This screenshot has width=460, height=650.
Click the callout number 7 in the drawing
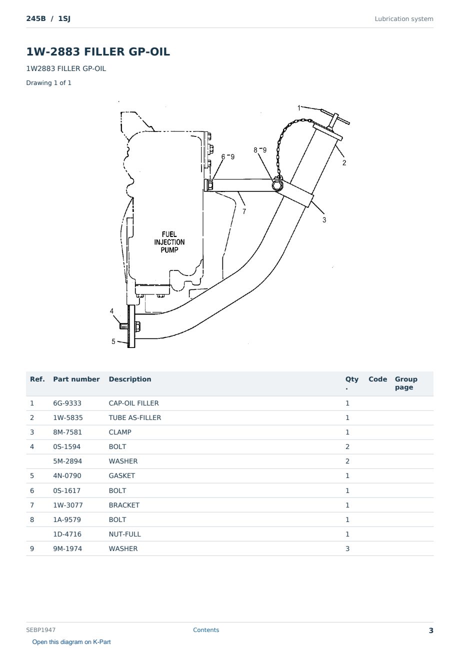[244, 211]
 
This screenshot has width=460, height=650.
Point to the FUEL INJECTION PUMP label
[169, 242]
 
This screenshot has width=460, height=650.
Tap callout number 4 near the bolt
[111, 311]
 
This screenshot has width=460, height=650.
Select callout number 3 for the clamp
[324, 220]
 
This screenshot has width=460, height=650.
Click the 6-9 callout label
[228, 156]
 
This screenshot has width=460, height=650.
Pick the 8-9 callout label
[259, 150]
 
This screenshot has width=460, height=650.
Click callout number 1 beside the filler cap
[299, 108]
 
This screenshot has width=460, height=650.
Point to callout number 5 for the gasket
[113, 341]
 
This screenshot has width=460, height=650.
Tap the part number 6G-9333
[67, 403]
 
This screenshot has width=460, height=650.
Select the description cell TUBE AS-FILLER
[134, 417]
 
